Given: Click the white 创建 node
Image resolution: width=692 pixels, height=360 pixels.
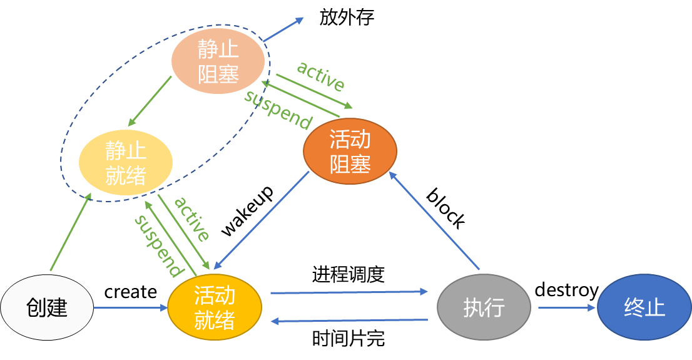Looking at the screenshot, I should tap(47, 307).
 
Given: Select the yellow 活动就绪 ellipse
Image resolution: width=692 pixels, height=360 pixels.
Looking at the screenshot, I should tap(215, 307).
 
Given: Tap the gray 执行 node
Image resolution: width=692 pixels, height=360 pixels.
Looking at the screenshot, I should tap(484, 307).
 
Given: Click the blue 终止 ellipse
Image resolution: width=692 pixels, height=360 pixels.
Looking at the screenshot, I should tap(644, 307).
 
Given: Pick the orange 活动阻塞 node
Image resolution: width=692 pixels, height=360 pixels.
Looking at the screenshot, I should tap(350, 151).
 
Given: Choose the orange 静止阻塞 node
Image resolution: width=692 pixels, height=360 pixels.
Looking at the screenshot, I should tap(218, 61).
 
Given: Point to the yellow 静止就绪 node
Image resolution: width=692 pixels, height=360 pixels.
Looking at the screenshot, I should tap(125, 162).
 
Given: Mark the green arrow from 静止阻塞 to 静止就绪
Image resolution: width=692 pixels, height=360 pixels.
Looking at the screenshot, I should tap(150, 100).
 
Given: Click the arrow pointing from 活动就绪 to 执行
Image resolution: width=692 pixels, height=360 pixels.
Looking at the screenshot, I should tap(349, 292).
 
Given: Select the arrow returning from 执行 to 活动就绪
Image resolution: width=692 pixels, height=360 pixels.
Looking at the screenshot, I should tap(349, 321).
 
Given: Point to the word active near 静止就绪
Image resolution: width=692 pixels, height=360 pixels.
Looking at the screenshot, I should tap(191, 219).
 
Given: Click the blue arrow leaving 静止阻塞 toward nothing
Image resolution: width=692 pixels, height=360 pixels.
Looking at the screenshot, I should tap(283, 29).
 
